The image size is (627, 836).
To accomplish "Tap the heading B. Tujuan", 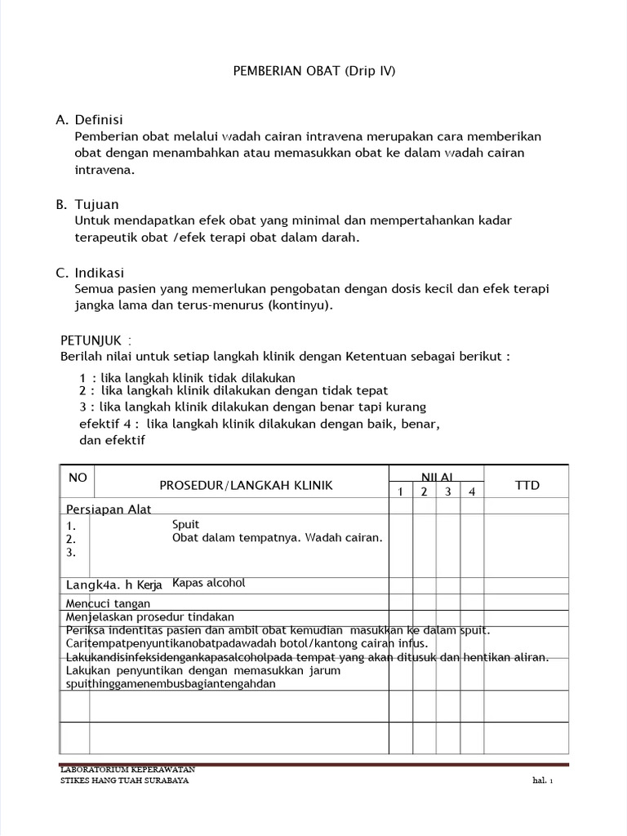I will click(x=87, y=204).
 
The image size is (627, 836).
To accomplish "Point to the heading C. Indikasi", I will click(x=90, y=273).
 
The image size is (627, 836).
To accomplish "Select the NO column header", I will click(x=77, y=478).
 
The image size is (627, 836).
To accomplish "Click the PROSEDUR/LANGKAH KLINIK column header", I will click(x=246, y=486).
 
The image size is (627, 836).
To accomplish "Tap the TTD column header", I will click(x=527, y=486).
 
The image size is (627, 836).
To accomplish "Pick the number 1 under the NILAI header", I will click(x=400, y=491).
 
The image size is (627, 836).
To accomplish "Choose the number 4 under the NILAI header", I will click(x=471, y=491).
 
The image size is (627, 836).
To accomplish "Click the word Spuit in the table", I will click(x=186, y=524).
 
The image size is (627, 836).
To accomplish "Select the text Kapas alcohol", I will click(x=209, y=583).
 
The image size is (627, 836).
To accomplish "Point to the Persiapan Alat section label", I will click(x=109, y=509).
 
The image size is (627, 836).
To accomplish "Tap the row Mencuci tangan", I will click(x=108, y=603).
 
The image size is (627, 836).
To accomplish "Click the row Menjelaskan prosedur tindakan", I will click(x=149, y=617).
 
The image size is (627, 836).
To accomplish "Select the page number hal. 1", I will click(x=542, y=780).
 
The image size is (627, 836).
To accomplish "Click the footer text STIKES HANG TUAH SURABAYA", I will click(x=125, y=780).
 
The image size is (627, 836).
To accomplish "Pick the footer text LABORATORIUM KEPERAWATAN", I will click(x=127, y=770).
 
